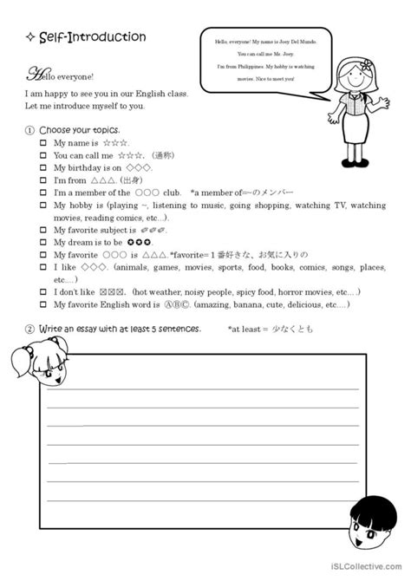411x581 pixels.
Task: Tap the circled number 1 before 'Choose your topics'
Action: pyautogui.click(x=29, y=129)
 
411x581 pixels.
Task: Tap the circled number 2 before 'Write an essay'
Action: pyautogui.click(x=29, y=330)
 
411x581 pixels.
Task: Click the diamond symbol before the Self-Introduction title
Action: pyautogui.click(x=30, y=38)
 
